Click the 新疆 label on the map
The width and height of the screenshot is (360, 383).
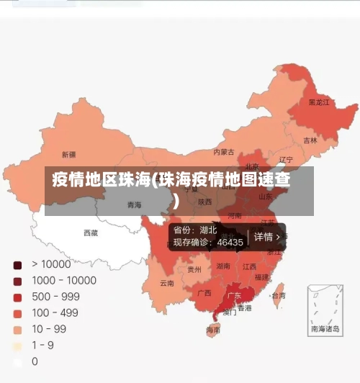[x=68, y=155]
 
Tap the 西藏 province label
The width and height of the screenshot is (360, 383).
[x=91, y=233]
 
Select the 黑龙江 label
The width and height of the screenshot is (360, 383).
[x=319, y=102]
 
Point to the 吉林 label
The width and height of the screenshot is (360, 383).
[x=310, y=140]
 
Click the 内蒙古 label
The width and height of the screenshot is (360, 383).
[x=224, y=152]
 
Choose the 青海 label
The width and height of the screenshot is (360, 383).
[x=134, y=205]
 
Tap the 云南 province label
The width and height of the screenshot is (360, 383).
[x=167, y=283]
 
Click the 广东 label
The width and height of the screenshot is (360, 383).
[x=234, y=295]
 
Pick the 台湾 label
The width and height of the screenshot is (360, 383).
[x=278, y=295]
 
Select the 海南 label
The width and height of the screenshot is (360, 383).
[x=213, y=330]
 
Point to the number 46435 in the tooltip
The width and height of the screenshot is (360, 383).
[x=229, y=243]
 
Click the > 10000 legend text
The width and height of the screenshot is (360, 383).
[x=50, y=264]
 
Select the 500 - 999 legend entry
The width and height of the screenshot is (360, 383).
[x=55, y=297]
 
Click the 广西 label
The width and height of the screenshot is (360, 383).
[x=204, y=293]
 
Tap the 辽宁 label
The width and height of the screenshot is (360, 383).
[x=286, y=160]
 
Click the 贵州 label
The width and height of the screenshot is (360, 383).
[x=194, y=269]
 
